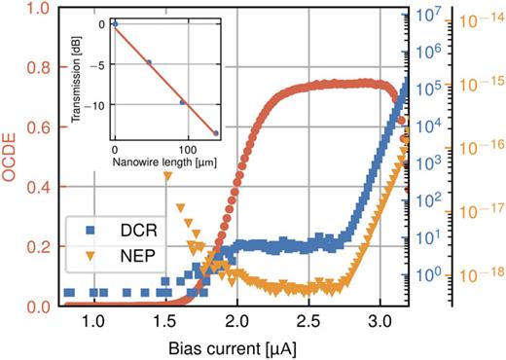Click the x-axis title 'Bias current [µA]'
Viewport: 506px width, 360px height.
238,347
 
